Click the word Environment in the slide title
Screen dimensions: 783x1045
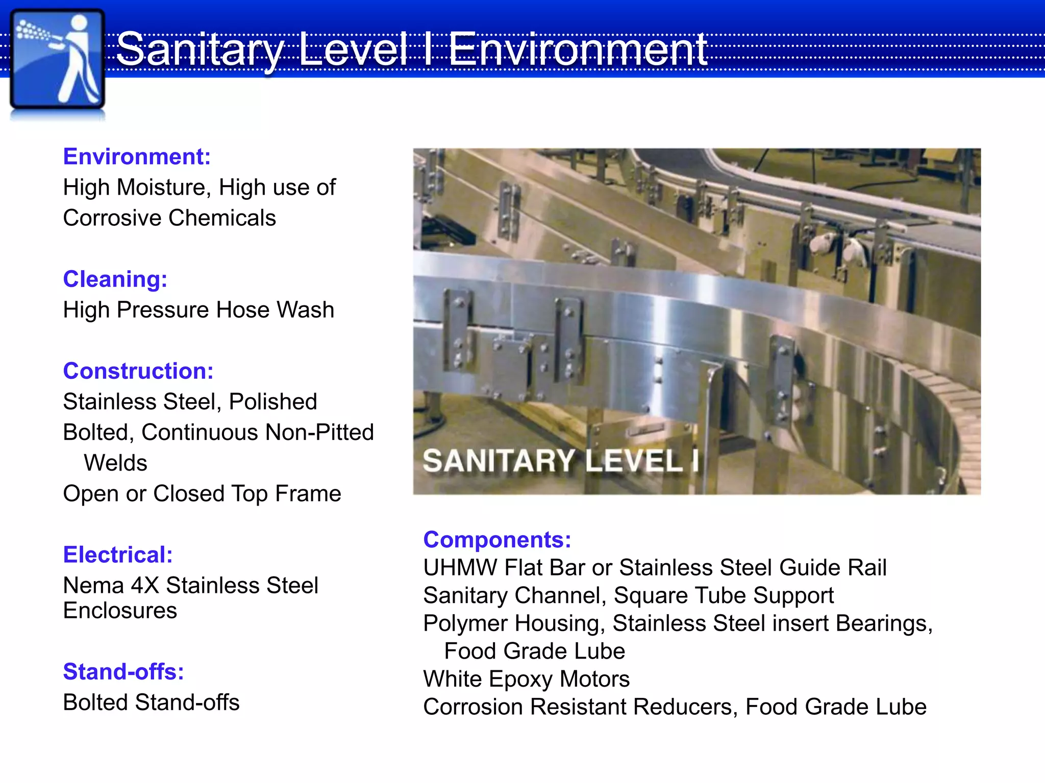pyautogui.click(x=578, y=49)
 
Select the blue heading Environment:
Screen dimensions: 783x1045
pyautogui.click(x=137, y=156)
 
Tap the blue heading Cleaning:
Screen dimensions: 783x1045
pyautogui.click(x=115, y=279)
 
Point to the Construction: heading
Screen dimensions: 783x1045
pyautogui.click(x=138, y=371)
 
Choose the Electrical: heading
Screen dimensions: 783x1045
pyautogui.click(x=118, y=555)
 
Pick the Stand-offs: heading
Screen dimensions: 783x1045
pyautogui.click(x=123, y=672)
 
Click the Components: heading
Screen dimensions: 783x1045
pyautogui.click(x=497, y=540)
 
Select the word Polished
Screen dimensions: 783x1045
pyautogui.click(x=273, y=402)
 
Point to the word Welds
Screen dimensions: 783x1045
pyautogui.click(x=115, y=463)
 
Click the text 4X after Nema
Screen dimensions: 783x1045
pyautogui.click(x=145, y=585)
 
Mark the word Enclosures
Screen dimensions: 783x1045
pyautogui.click(x=120, y=611)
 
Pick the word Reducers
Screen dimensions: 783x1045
pyautogui.click(x=685, y=707)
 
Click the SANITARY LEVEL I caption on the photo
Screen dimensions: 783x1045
pyautogui.click(x=560, y=461)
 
